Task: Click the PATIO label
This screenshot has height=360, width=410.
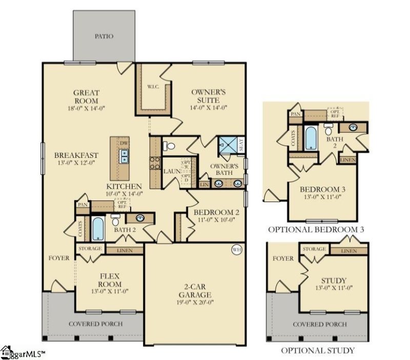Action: [104, 36]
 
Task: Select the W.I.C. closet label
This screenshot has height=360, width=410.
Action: [153, 86]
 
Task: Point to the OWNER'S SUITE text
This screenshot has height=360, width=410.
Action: [209, 96]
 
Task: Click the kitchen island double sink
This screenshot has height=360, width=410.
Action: [125, 156]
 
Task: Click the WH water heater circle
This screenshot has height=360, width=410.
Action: [236, 250]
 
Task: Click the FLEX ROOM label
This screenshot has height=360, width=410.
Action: [110, 280]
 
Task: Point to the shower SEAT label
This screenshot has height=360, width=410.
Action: [241, 145]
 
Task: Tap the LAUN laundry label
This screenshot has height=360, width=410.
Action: [171, 171]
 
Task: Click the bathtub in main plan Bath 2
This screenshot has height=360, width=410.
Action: [97, 229]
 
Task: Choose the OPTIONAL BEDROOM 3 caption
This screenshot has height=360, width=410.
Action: [316, 229]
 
